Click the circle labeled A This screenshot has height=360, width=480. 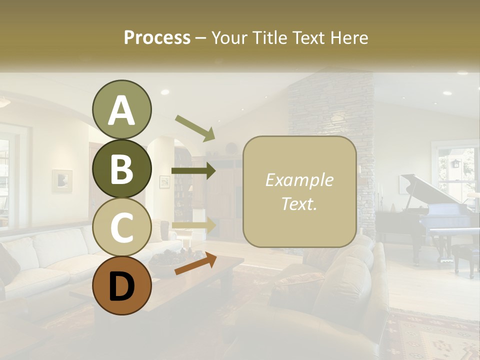coord(121,110)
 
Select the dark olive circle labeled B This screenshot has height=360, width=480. coord(121,168)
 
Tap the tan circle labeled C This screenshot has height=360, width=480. coord(121,227)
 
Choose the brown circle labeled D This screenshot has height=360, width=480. coord(121,285)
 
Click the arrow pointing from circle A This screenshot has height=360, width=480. coord(195,128)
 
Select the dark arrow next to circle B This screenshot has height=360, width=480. coord(193,171)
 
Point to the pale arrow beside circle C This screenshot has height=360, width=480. coord(194,225)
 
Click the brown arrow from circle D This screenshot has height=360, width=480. coord(195,264)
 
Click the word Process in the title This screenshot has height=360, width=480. coord(157,38)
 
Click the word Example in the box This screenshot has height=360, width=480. coord(299,180)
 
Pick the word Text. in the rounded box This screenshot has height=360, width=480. coord(299,203)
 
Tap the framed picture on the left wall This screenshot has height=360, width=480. coord(62,180)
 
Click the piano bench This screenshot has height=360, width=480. coord(465,252)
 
